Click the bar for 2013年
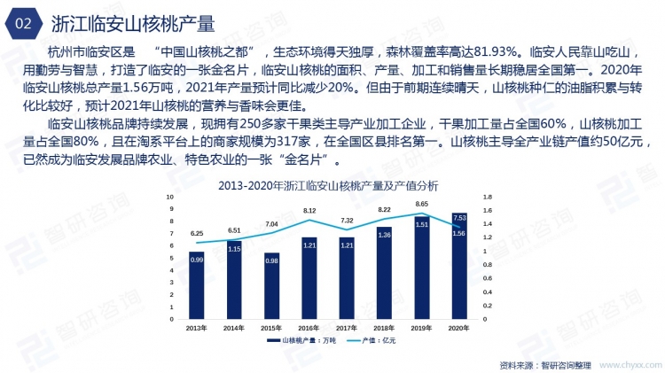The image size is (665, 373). coord(197,285)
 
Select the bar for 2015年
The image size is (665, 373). coord(271,286)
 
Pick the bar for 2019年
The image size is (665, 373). coord(422,268)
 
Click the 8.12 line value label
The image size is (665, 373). coord(309,211)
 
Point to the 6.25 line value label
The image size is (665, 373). coord(197,233)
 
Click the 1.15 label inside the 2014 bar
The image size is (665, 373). coord(234,249)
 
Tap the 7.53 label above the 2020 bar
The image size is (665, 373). coord(459,217)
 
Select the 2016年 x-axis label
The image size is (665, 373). coord(309,328)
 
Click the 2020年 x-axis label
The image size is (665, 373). coord(459,328)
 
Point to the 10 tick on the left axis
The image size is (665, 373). coord(171,197)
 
